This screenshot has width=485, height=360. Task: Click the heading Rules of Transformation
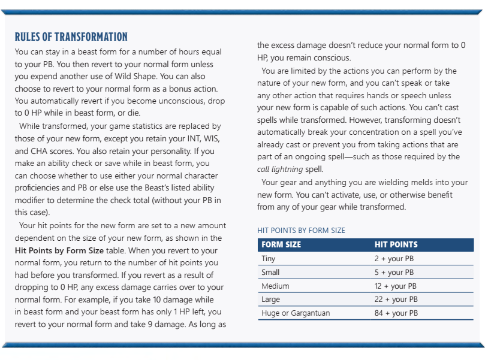71,37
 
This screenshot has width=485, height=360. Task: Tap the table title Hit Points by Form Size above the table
301,230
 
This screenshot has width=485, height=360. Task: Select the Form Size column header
281,245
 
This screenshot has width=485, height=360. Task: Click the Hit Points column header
396,245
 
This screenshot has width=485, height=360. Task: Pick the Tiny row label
269,259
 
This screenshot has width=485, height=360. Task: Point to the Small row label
270,273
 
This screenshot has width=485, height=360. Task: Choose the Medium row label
275,286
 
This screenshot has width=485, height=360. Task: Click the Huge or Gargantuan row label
296,313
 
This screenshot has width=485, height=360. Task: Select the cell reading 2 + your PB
394,259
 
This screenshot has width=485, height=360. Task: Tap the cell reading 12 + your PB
396,286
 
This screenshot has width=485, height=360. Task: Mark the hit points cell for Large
396,299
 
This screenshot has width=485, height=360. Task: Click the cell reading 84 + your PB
396,313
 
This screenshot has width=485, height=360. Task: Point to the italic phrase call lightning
279,170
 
